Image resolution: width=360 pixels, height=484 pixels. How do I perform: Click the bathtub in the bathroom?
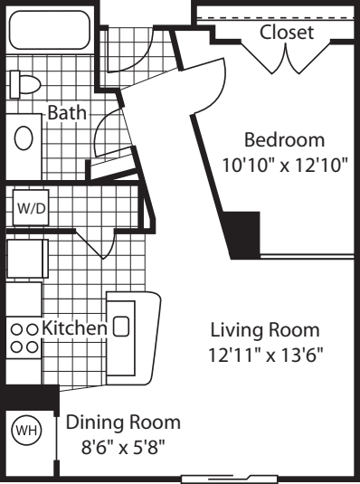point(50,30)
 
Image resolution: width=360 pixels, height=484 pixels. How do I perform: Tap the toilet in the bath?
point(25,84)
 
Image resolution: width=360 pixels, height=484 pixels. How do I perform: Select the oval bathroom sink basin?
point(24,138)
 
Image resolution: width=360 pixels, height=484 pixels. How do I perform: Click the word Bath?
point(67,112)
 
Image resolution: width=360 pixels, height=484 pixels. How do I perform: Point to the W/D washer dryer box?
point(31,207)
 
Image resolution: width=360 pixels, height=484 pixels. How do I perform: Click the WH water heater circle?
point(26,430)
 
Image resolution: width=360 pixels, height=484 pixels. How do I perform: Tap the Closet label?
point(287,32)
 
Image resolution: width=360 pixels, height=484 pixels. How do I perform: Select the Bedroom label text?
point(284,140)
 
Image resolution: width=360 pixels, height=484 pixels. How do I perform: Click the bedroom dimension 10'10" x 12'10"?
point(285,166)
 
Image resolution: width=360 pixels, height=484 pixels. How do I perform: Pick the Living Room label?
point(265,329)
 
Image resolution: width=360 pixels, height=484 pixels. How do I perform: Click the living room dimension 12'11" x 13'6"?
point(266,355)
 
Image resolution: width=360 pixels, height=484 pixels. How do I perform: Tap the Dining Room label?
point(123,422)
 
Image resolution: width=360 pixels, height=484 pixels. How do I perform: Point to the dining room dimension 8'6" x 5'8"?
point(123,447)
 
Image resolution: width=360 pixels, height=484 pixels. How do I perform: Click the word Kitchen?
point(74,327)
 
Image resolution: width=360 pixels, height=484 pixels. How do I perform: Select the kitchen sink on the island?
point(120,327)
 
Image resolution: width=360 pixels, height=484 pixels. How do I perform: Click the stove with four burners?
point(24,338)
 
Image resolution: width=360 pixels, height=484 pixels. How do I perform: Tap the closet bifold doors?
point(286,57)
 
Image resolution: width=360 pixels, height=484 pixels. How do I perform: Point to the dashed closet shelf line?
point(275,17)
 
